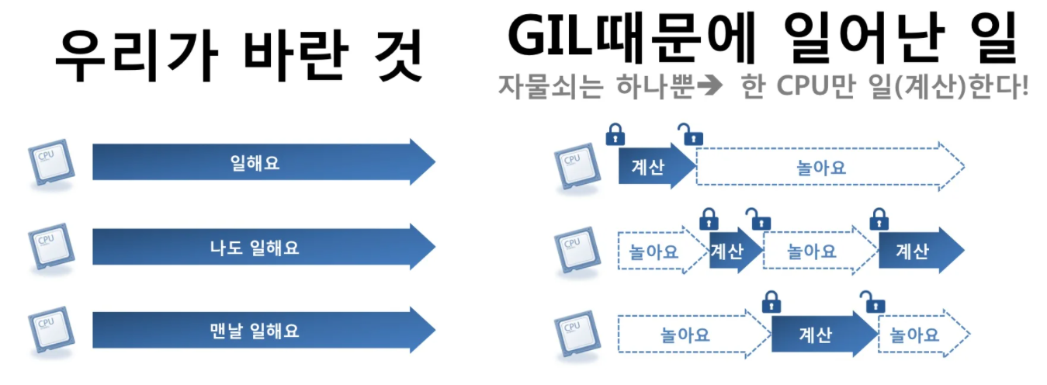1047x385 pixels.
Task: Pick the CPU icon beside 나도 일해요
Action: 47,246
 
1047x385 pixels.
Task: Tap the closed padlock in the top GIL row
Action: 615,134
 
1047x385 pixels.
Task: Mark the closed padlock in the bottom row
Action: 771,301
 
